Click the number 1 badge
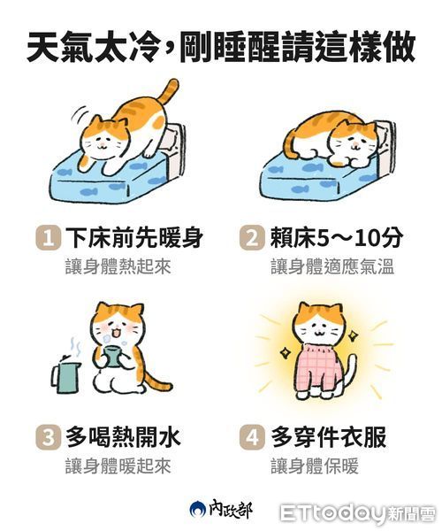pyautogui.click(x=49, y=238)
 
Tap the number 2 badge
pyautogui.click(x=252, y=238)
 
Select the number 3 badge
pyautogui.click(x=49, y=437)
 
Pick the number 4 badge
pyautogui.click(x=252, y=437)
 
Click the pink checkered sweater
pyautogui.click(x=318, y=366)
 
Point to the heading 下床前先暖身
pyautogui.click(x=134, y=238)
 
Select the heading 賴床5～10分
pyautogui.click(x=337, y=238)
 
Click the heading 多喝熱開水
pyautogui.click(x=123, y=437)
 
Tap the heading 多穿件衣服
pyautogui.click(x=328, y=437)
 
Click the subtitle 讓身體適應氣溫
pyautogui.click(x=332, y=267)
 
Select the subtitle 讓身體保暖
pyautogui.click(x=315, y=466)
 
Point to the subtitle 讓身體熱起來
pyautogui.click(x=118, y=267)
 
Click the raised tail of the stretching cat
pyautogui.click(x=169, y=91)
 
